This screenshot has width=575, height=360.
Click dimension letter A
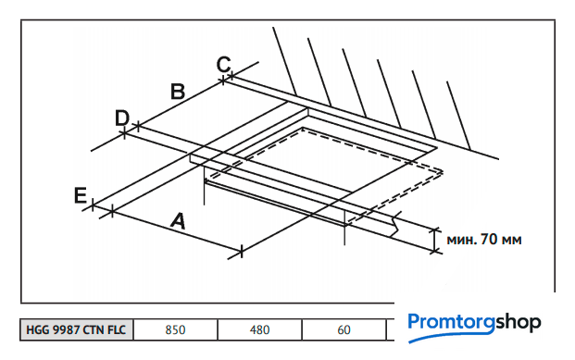(x=179, y=220)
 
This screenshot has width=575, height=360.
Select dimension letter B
(x=178, y=92)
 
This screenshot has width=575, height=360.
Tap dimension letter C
(x=223, y=64)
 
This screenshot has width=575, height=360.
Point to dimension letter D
(x=122, y=118)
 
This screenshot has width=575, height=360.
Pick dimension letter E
(x=81, y=195)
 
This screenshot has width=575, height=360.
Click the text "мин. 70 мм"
(x=484, y=240)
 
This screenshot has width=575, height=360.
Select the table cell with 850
(x=175, y=329)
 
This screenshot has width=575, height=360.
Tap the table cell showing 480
(x=259, y=329)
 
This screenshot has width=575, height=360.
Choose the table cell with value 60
(x=344, y=329)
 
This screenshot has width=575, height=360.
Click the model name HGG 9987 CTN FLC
(x=76, y=329)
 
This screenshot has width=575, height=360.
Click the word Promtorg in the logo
(x=452, y=322)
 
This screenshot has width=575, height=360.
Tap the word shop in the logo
(x=518, y=323)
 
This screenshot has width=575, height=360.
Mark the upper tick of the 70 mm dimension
(x=435, y=230)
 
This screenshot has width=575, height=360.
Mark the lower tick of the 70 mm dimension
(x=435, y=252)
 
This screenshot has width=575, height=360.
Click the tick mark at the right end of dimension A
(x=242, y=252)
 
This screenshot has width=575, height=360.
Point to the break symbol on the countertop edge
(x=396, y=224)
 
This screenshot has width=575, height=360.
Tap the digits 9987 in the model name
(x=67, y=329)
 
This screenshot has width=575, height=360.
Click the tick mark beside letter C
(x=231, y=76)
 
